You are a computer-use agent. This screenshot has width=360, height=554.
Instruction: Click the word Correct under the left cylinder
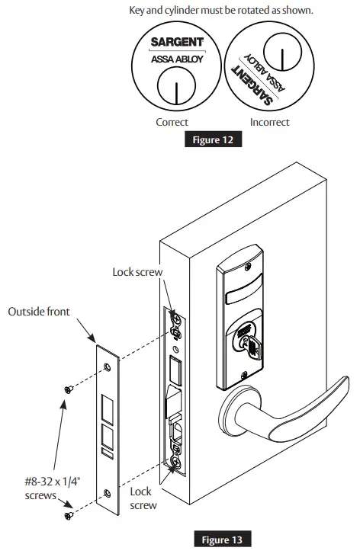point(172,121)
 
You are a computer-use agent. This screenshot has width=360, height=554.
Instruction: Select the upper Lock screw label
point(138,271)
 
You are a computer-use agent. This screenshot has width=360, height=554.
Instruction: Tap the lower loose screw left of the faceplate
point(69,517)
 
